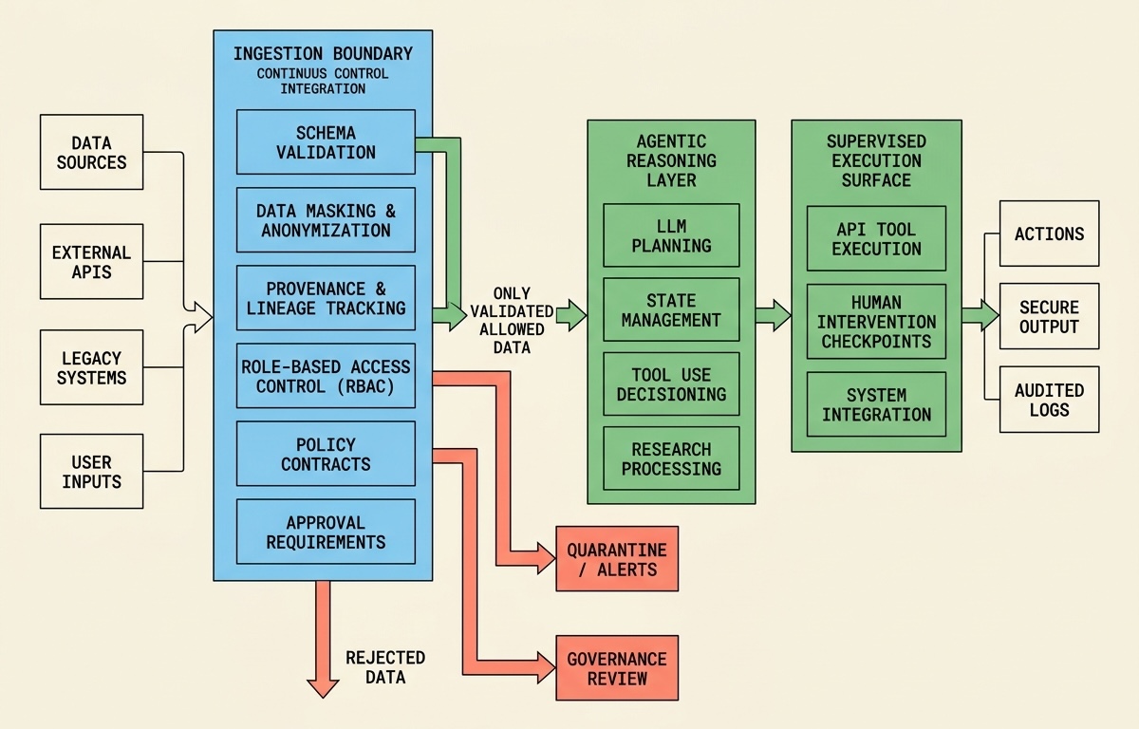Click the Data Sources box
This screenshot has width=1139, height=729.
[x=91, y=152]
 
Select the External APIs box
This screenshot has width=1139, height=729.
[x=91, y=262]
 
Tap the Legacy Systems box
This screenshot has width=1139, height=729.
[x=91, y=367]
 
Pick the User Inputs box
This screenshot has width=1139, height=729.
[x=91, y=472]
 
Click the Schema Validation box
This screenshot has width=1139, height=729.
[x=326, y=141]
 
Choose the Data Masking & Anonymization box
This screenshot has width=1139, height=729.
[x=326, y=220]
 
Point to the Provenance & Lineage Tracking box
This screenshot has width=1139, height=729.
[x=326, y=298]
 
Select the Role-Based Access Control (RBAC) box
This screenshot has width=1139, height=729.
[x=326, y=376]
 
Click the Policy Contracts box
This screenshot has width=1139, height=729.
[x=326, y=454]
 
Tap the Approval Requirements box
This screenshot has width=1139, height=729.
[x=326, y=533]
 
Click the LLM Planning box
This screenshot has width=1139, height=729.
[x=671, y=235]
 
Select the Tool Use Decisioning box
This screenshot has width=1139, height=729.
[x=671, y=384]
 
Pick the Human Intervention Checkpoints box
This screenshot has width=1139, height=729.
[x=876, y=321]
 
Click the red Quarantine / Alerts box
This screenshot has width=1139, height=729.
[x=617, y=559]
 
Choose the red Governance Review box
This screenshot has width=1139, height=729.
[x=617, y=668]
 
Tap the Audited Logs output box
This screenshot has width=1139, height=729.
[x=1049, y=401]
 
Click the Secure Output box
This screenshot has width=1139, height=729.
[x=1049, y=317]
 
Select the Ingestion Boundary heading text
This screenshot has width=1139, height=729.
[x=323, y=53]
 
